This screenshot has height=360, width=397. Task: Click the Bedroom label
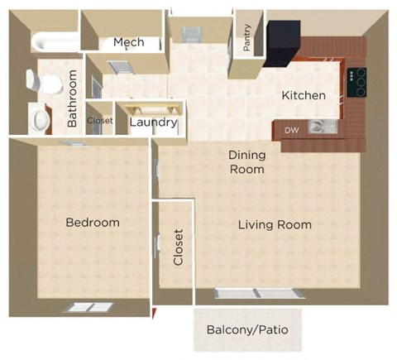click(93, 223)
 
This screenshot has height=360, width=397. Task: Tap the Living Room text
click(275, 225)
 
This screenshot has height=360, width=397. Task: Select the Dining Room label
click(246, 161)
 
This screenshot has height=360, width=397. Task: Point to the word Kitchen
click(304, 96)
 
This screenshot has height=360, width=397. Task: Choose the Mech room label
click(129, 42)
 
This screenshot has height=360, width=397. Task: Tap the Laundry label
click(154, 122)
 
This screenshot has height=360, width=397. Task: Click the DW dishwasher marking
click(291, 130)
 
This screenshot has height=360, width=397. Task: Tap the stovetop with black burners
click(357, 81)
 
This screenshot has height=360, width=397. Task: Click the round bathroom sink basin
click(38, 119)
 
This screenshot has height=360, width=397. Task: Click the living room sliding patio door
click(255, 294)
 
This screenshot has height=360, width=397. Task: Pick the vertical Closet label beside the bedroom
click(178, 247)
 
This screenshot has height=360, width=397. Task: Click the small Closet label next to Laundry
click(100, 120)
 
